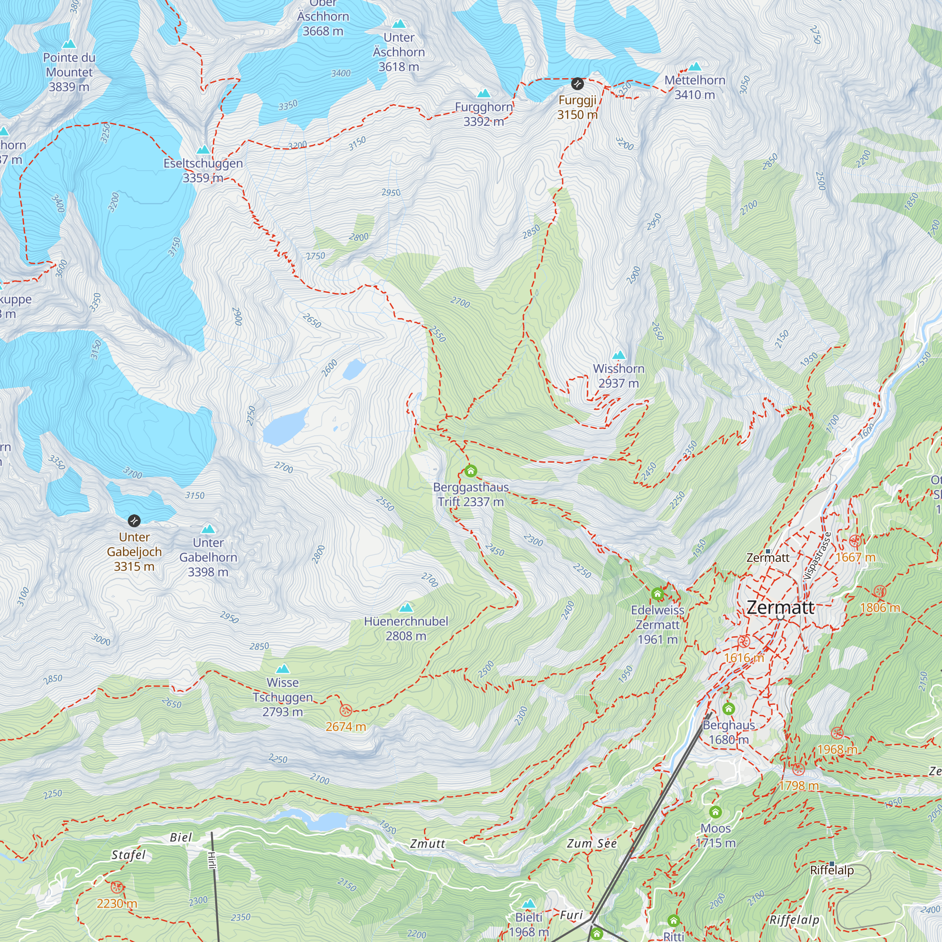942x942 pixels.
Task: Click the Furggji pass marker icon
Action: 577,84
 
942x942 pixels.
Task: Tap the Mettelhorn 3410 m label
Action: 695,87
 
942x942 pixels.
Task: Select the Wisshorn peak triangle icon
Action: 619,355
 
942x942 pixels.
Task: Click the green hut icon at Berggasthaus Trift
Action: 471,471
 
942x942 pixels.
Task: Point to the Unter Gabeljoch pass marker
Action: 134,521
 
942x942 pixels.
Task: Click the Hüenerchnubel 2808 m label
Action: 406,628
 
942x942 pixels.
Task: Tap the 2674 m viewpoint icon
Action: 346,710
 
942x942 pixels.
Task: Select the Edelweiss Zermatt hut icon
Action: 657,594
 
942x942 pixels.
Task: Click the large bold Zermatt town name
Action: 780,608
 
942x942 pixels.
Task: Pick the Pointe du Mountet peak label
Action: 69,72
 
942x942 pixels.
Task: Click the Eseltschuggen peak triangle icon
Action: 203,149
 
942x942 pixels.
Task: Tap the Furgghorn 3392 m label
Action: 484,114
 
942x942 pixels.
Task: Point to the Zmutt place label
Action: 428,844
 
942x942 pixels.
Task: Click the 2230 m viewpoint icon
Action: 116,887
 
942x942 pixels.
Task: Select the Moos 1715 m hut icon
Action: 715,812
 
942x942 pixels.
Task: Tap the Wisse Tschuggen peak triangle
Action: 283,669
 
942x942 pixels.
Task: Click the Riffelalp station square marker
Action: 832,863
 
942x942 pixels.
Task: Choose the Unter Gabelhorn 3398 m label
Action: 208,557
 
